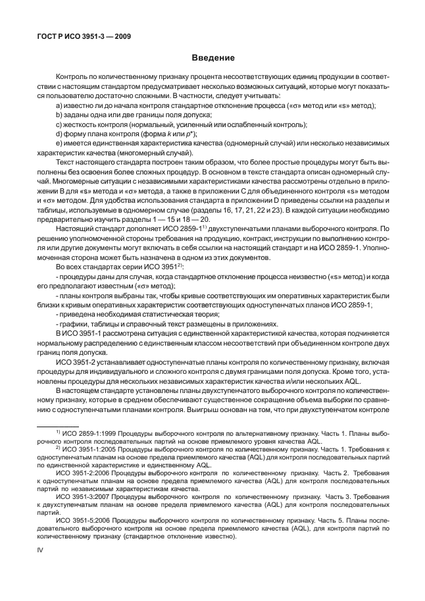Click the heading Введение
coord(213,58)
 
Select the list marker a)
coord(59,105)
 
